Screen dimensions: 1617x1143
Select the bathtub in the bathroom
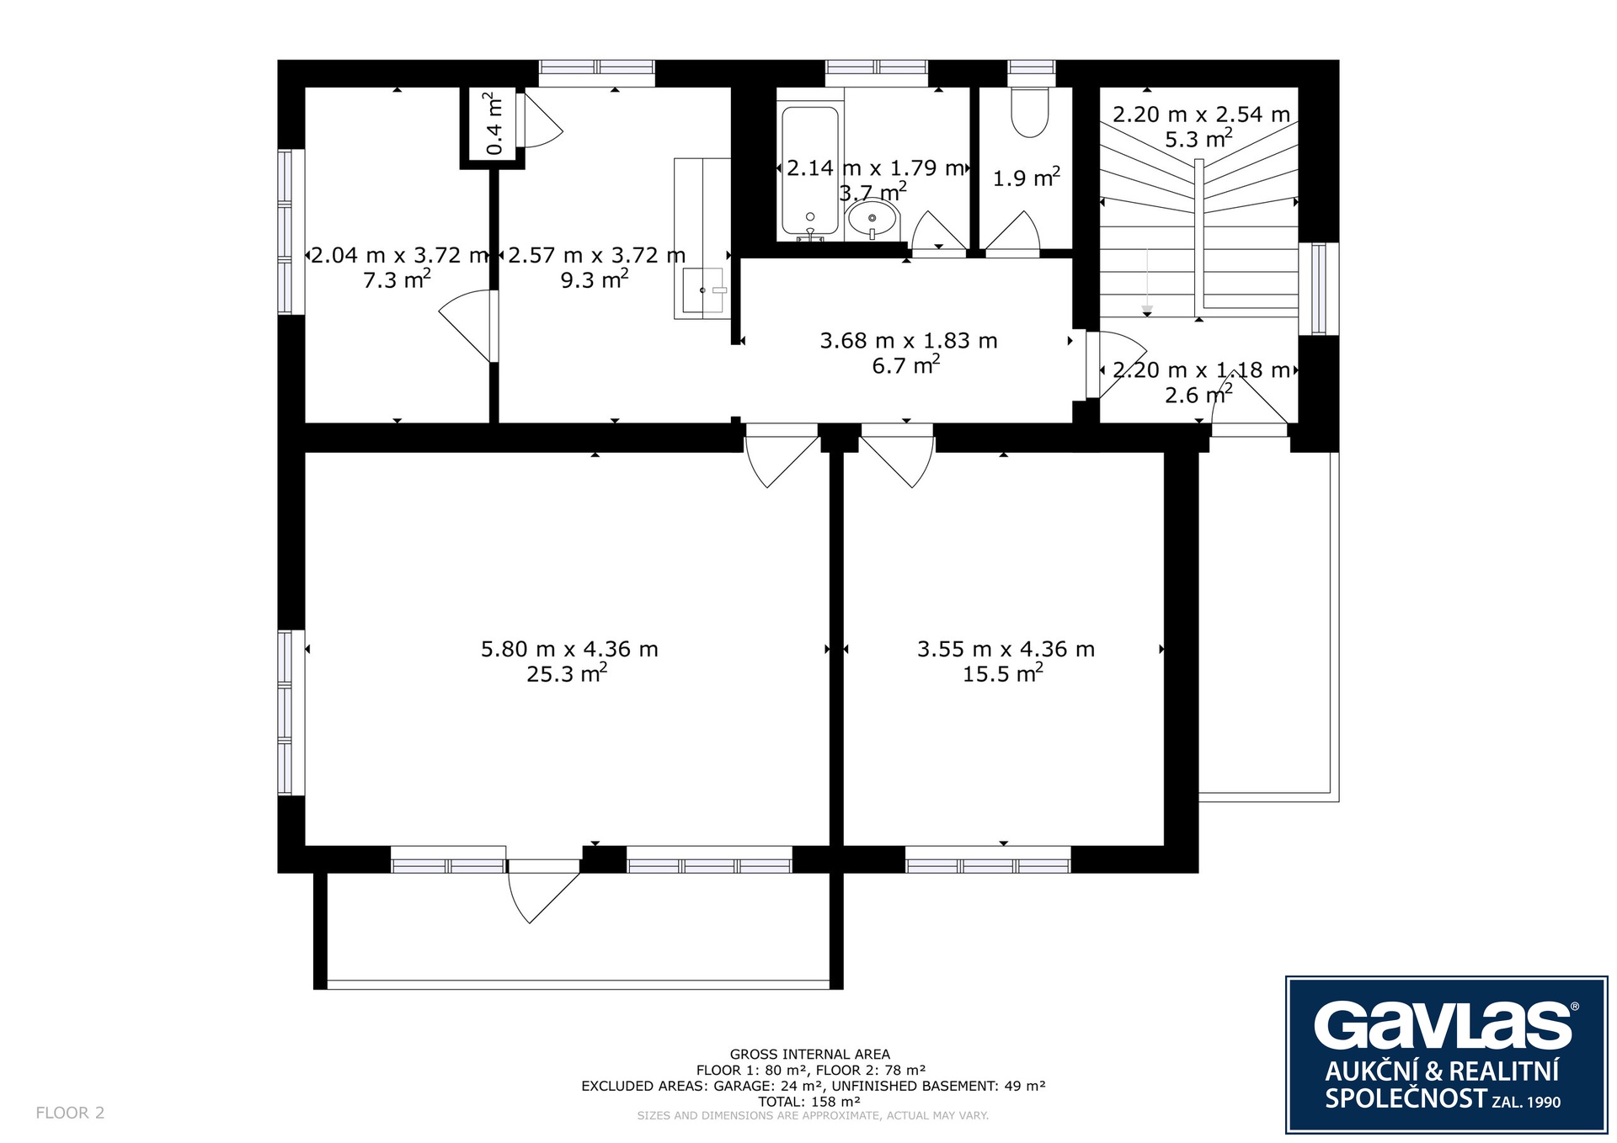coord(810,171)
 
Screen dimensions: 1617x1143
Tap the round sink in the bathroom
coord(873,220)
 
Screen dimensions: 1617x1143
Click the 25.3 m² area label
coord(567,673)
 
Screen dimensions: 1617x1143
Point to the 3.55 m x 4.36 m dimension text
coord(1006,649)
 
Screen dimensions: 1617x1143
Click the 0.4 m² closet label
coord(494,125)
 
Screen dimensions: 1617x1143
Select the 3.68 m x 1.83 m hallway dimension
coord(909,340)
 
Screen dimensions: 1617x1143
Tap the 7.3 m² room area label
coord(397,279)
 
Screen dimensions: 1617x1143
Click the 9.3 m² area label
coord(595,279)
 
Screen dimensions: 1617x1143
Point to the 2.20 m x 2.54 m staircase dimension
coord(1201,114)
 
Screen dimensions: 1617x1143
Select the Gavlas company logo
coord(1446,1055)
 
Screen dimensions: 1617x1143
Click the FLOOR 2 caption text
coord(70,1113)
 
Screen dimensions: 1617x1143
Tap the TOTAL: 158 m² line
coord(808,1101)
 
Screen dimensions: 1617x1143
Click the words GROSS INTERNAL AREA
coord(809,1054)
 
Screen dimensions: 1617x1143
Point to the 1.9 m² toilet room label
coord(1026,178)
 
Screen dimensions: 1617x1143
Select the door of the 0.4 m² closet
coord(539,120)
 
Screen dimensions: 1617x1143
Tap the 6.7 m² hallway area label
coord(906,364)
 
